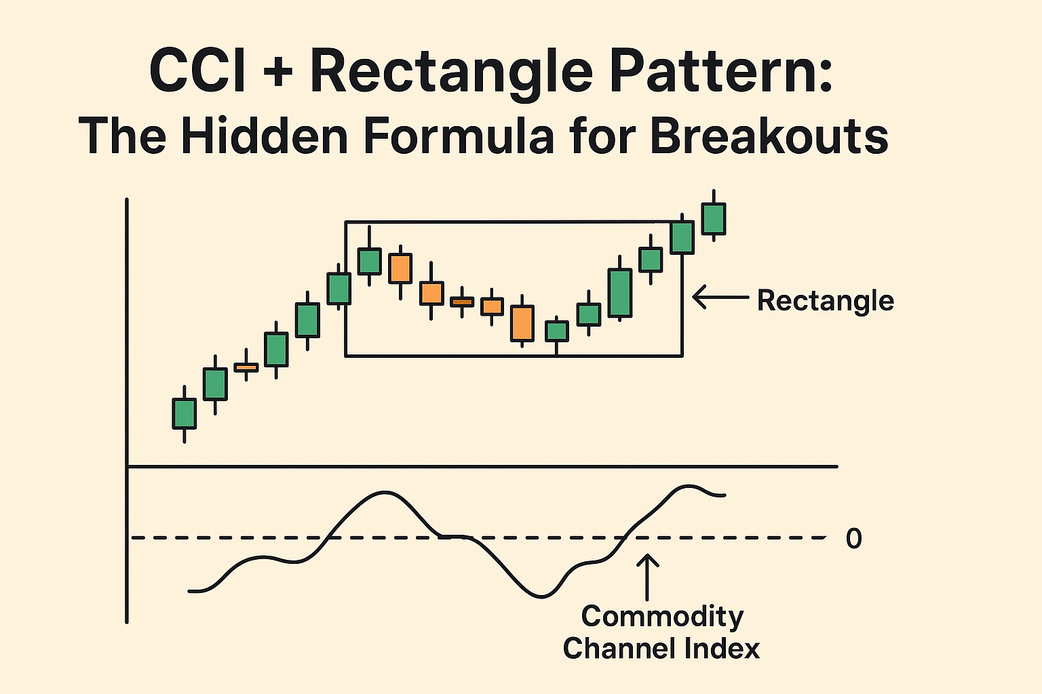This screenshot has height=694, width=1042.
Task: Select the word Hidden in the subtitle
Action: tap(265, 136)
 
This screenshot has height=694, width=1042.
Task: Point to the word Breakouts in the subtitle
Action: tap(769, 136)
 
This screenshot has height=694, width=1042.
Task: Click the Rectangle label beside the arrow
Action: tap(825, 300)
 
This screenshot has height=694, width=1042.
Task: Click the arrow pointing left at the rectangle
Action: tap(720, 297)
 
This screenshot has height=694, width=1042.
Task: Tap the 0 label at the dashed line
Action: tap(853, 539)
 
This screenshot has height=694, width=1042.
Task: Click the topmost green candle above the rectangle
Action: tap(714, 218)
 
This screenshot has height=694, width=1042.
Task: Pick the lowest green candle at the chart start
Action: tap(185, 413)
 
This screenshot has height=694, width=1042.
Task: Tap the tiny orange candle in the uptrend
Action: tap(246, 367)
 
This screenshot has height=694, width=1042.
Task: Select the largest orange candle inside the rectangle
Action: tap(522, 323)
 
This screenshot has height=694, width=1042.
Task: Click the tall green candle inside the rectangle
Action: tap(619, 293)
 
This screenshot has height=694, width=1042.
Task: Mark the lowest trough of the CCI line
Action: tap(541, 596)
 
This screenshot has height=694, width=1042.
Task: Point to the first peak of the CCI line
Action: tap(385, 493)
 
